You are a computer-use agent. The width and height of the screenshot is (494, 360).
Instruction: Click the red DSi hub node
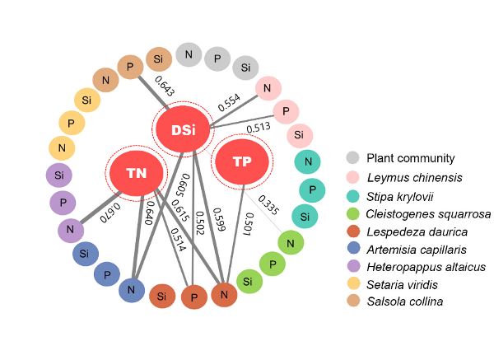coord(184,130)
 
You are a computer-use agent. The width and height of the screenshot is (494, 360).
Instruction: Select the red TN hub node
coord(136,171)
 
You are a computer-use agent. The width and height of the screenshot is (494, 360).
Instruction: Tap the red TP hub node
coord(242,161)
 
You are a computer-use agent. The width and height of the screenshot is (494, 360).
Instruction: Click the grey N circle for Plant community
coord(189,55)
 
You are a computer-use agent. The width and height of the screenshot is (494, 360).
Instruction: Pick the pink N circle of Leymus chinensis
coord(268,88)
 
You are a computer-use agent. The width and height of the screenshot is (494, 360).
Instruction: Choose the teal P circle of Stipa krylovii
coord(311,190)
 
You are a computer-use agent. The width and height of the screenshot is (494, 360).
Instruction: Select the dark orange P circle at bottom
coord(193,297)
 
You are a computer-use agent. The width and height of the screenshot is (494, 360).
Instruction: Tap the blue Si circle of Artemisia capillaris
coord(86,255)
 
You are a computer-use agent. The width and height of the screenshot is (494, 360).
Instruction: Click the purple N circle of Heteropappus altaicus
coord(71,230)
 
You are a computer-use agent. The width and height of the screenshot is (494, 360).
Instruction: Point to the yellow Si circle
coord(87,101)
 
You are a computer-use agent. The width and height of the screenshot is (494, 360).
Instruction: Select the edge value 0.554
coord(229,102)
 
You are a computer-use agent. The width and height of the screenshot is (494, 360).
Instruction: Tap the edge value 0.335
coord(269,203)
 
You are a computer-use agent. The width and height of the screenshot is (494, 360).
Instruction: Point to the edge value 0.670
coord(110,213)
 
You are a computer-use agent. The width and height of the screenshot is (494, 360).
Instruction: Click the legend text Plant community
coord(411,158)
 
